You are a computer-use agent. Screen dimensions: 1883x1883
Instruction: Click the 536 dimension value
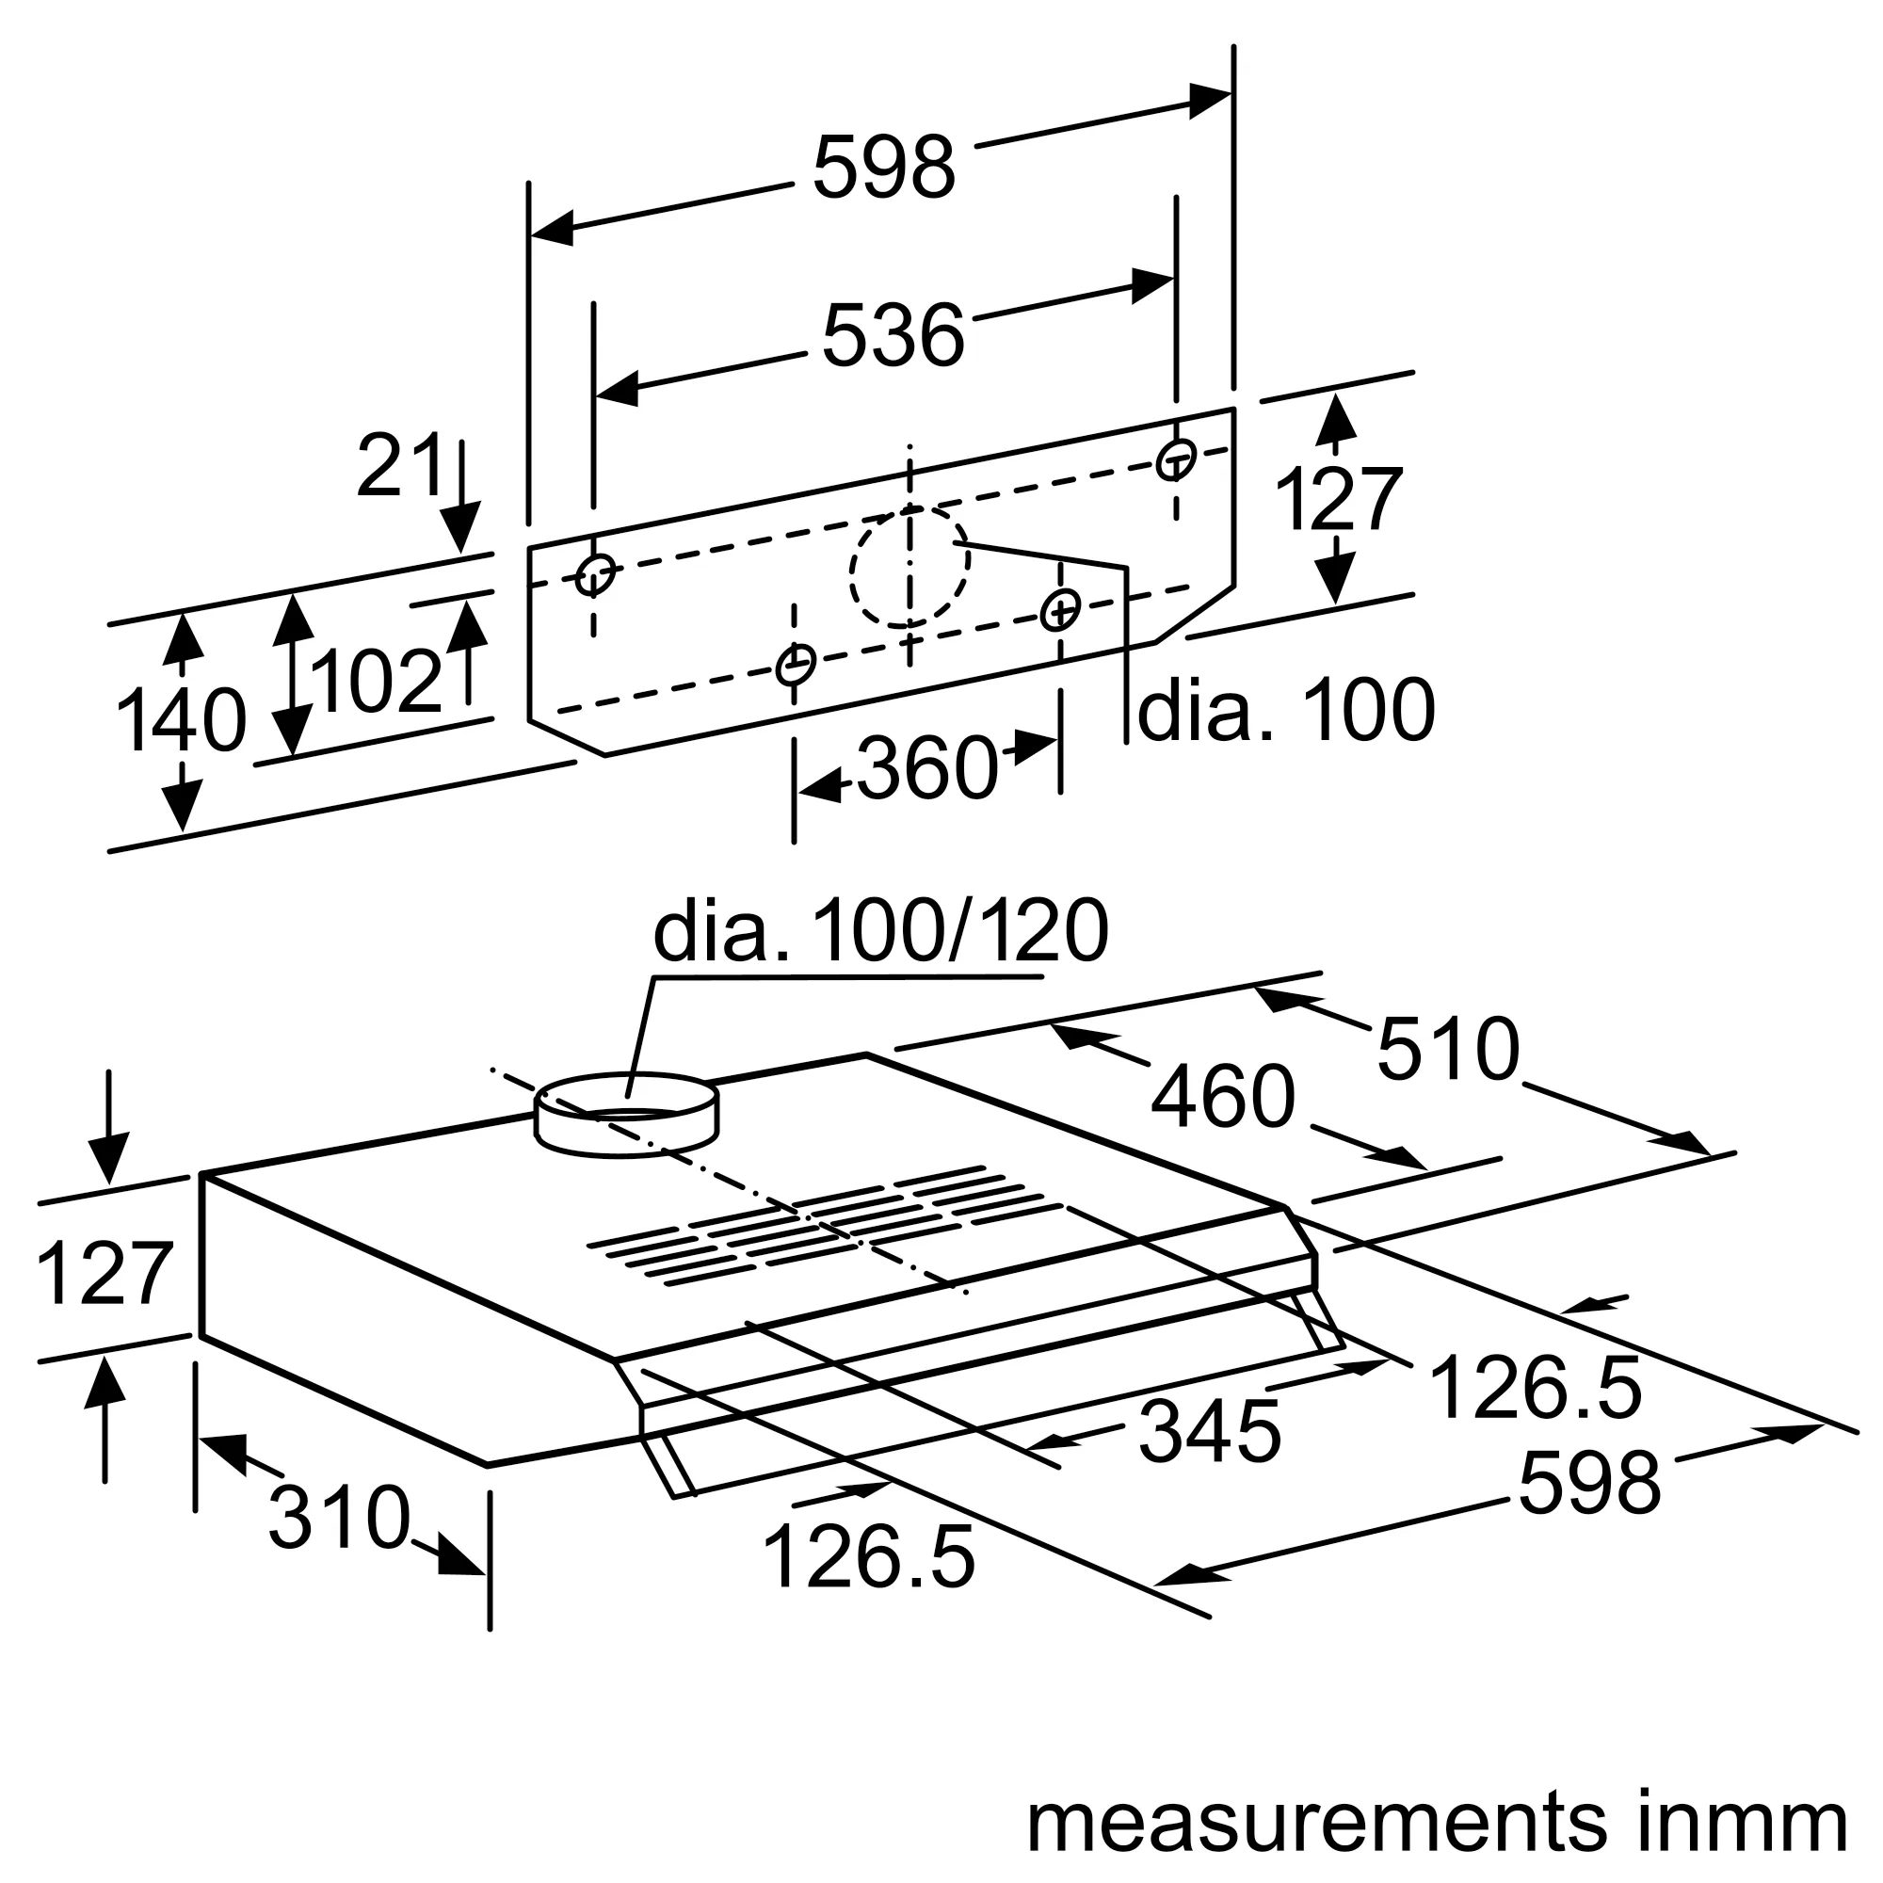[x=893, y=336]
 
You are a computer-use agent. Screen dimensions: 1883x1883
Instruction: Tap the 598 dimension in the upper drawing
[x=883, y=168]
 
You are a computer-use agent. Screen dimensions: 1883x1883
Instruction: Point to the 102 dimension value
[x=378, y=683]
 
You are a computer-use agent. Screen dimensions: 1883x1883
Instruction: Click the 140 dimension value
[x=181, y=721]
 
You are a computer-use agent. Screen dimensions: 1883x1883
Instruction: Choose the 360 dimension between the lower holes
[x=928, y=769]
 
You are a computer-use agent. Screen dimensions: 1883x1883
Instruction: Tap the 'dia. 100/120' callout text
[x=880, y=932]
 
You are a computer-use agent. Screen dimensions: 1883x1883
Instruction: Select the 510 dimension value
[x=1447, y=1050]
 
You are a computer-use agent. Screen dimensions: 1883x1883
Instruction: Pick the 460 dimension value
[x=1222, y=1098]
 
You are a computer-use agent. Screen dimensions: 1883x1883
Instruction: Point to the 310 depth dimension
[x=339, y=1519]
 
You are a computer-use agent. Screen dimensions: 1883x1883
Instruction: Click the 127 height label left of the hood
[x=105, y=1274]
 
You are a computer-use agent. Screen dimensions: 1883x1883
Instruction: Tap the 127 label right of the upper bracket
[x=1337, y=500]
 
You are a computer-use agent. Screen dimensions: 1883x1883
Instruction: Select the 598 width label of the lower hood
[x=1588, y=1484]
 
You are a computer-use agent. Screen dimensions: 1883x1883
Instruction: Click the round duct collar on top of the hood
[x=627, y=1116]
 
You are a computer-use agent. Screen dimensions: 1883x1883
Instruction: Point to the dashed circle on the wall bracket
[x=909, y=566]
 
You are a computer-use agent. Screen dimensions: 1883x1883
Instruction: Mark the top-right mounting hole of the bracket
[x=1175, y=459]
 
